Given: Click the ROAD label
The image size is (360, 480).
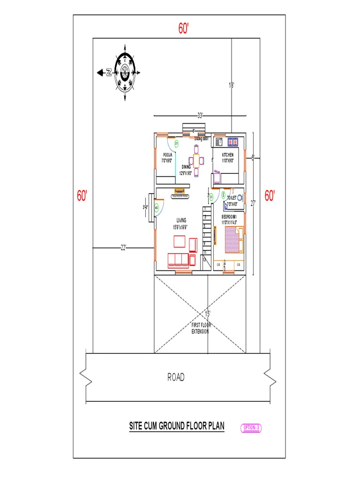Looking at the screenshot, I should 176,377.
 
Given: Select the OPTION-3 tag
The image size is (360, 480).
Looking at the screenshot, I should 252,427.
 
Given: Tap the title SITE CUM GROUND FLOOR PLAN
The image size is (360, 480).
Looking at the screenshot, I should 177,426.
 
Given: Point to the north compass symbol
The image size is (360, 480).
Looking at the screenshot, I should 125,72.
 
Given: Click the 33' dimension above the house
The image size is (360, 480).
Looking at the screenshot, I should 200,115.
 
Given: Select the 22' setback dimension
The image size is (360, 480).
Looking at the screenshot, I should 124,247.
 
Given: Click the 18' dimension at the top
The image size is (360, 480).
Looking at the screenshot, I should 231,85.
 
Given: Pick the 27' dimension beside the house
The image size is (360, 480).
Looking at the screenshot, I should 254,203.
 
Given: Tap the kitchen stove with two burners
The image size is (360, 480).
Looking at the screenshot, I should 233,141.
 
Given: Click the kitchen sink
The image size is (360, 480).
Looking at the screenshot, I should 218,141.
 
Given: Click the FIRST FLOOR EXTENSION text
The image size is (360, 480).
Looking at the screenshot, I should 202,328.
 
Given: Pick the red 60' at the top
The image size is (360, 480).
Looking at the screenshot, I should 183,29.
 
